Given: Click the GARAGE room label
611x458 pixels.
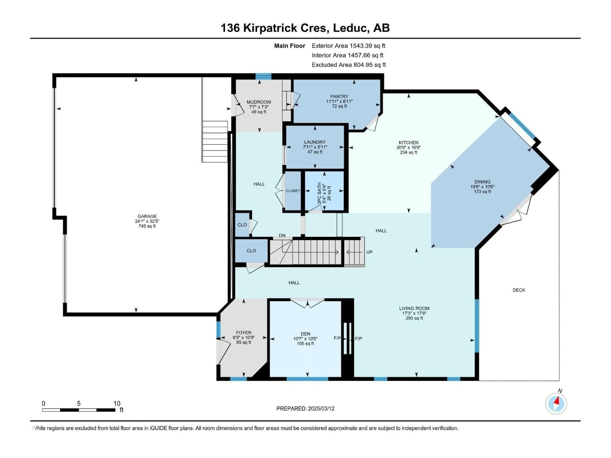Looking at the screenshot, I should point(147,216).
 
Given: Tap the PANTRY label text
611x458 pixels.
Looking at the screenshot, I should point(339,96).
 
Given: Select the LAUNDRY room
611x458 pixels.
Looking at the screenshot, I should point(315,147).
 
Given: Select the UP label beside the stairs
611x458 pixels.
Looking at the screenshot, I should point(369,252).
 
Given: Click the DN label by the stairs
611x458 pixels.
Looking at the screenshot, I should point(282,236).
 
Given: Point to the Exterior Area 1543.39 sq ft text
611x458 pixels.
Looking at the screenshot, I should point(348,46).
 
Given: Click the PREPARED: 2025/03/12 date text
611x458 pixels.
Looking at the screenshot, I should point(305,409).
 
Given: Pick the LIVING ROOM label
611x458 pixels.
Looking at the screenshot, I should point(414,308).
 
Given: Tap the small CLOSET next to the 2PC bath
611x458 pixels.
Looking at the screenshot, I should point(292,191).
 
